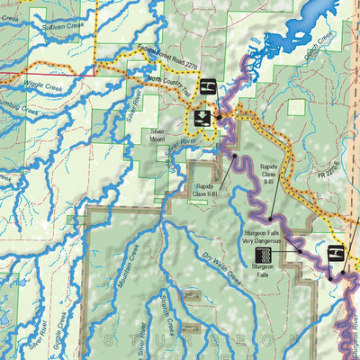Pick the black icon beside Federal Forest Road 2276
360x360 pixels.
206,87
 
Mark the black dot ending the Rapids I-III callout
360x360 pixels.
234,157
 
